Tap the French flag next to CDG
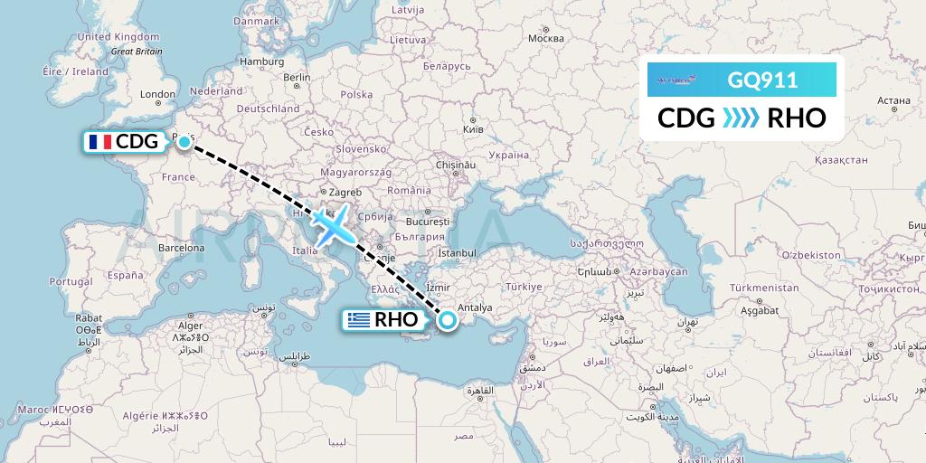tap(98, 142)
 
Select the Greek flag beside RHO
tap(359, 320)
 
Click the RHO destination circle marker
tap(447, 319)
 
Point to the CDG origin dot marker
tap(184, 141)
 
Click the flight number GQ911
tap(762, 80)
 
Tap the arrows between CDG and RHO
tap(742, 118)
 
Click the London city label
tap(157, 94)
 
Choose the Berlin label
tap(297, 78)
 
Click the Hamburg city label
tap(263, 61)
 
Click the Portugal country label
tap(71, 281)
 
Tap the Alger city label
tap(190, 326)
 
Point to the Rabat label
tap(88, 317)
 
